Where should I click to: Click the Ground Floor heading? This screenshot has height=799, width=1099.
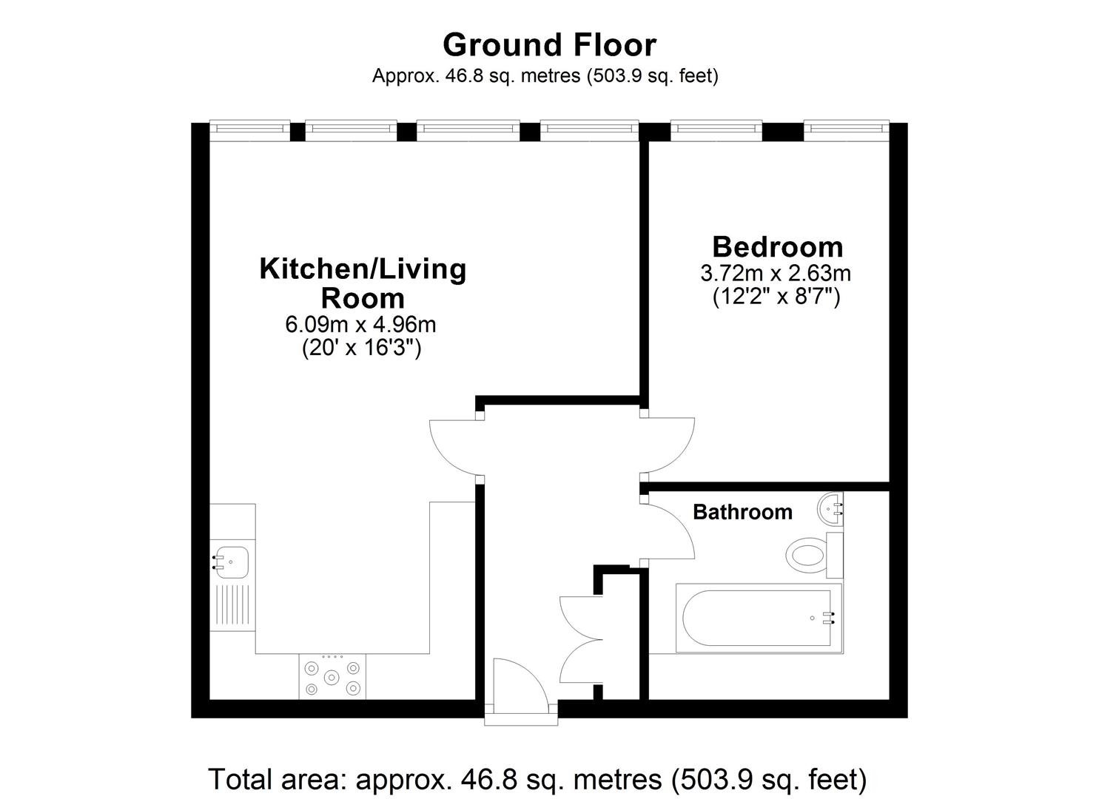click(x=549, y=45)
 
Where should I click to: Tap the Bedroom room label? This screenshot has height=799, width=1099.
click(x=778, y=246)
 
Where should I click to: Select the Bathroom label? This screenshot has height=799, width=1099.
click(x=743, y=512)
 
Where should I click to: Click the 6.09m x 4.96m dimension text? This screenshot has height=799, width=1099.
click(x=360, y=324)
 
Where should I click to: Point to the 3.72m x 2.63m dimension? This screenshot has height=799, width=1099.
click(x=776, y=273)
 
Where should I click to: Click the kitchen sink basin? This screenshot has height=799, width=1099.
click(x=232, y=562)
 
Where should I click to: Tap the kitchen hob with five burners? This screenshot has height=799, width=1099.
click(x=332, y=676)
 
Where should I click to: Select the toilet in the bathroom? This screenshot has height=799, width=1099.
click(x=814, y=556)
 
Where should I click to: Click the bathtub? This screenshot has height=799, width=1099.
click(x=759, y=618)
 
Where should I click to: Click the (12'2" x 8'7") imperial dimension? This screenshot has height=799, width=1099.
click(x=776, y=297)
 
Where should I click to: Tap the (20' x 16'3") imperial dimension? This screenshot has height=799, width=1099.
click(x=362, y=348)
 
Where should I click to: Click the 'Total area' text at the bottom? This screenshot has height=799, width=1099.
click(x=537, y=779)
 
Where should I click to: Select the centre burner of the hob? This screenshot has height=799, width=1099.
click(x=332, y=678)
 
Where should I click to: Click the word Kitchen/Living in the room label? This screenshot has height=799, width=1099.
click(x=363, y=269)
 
